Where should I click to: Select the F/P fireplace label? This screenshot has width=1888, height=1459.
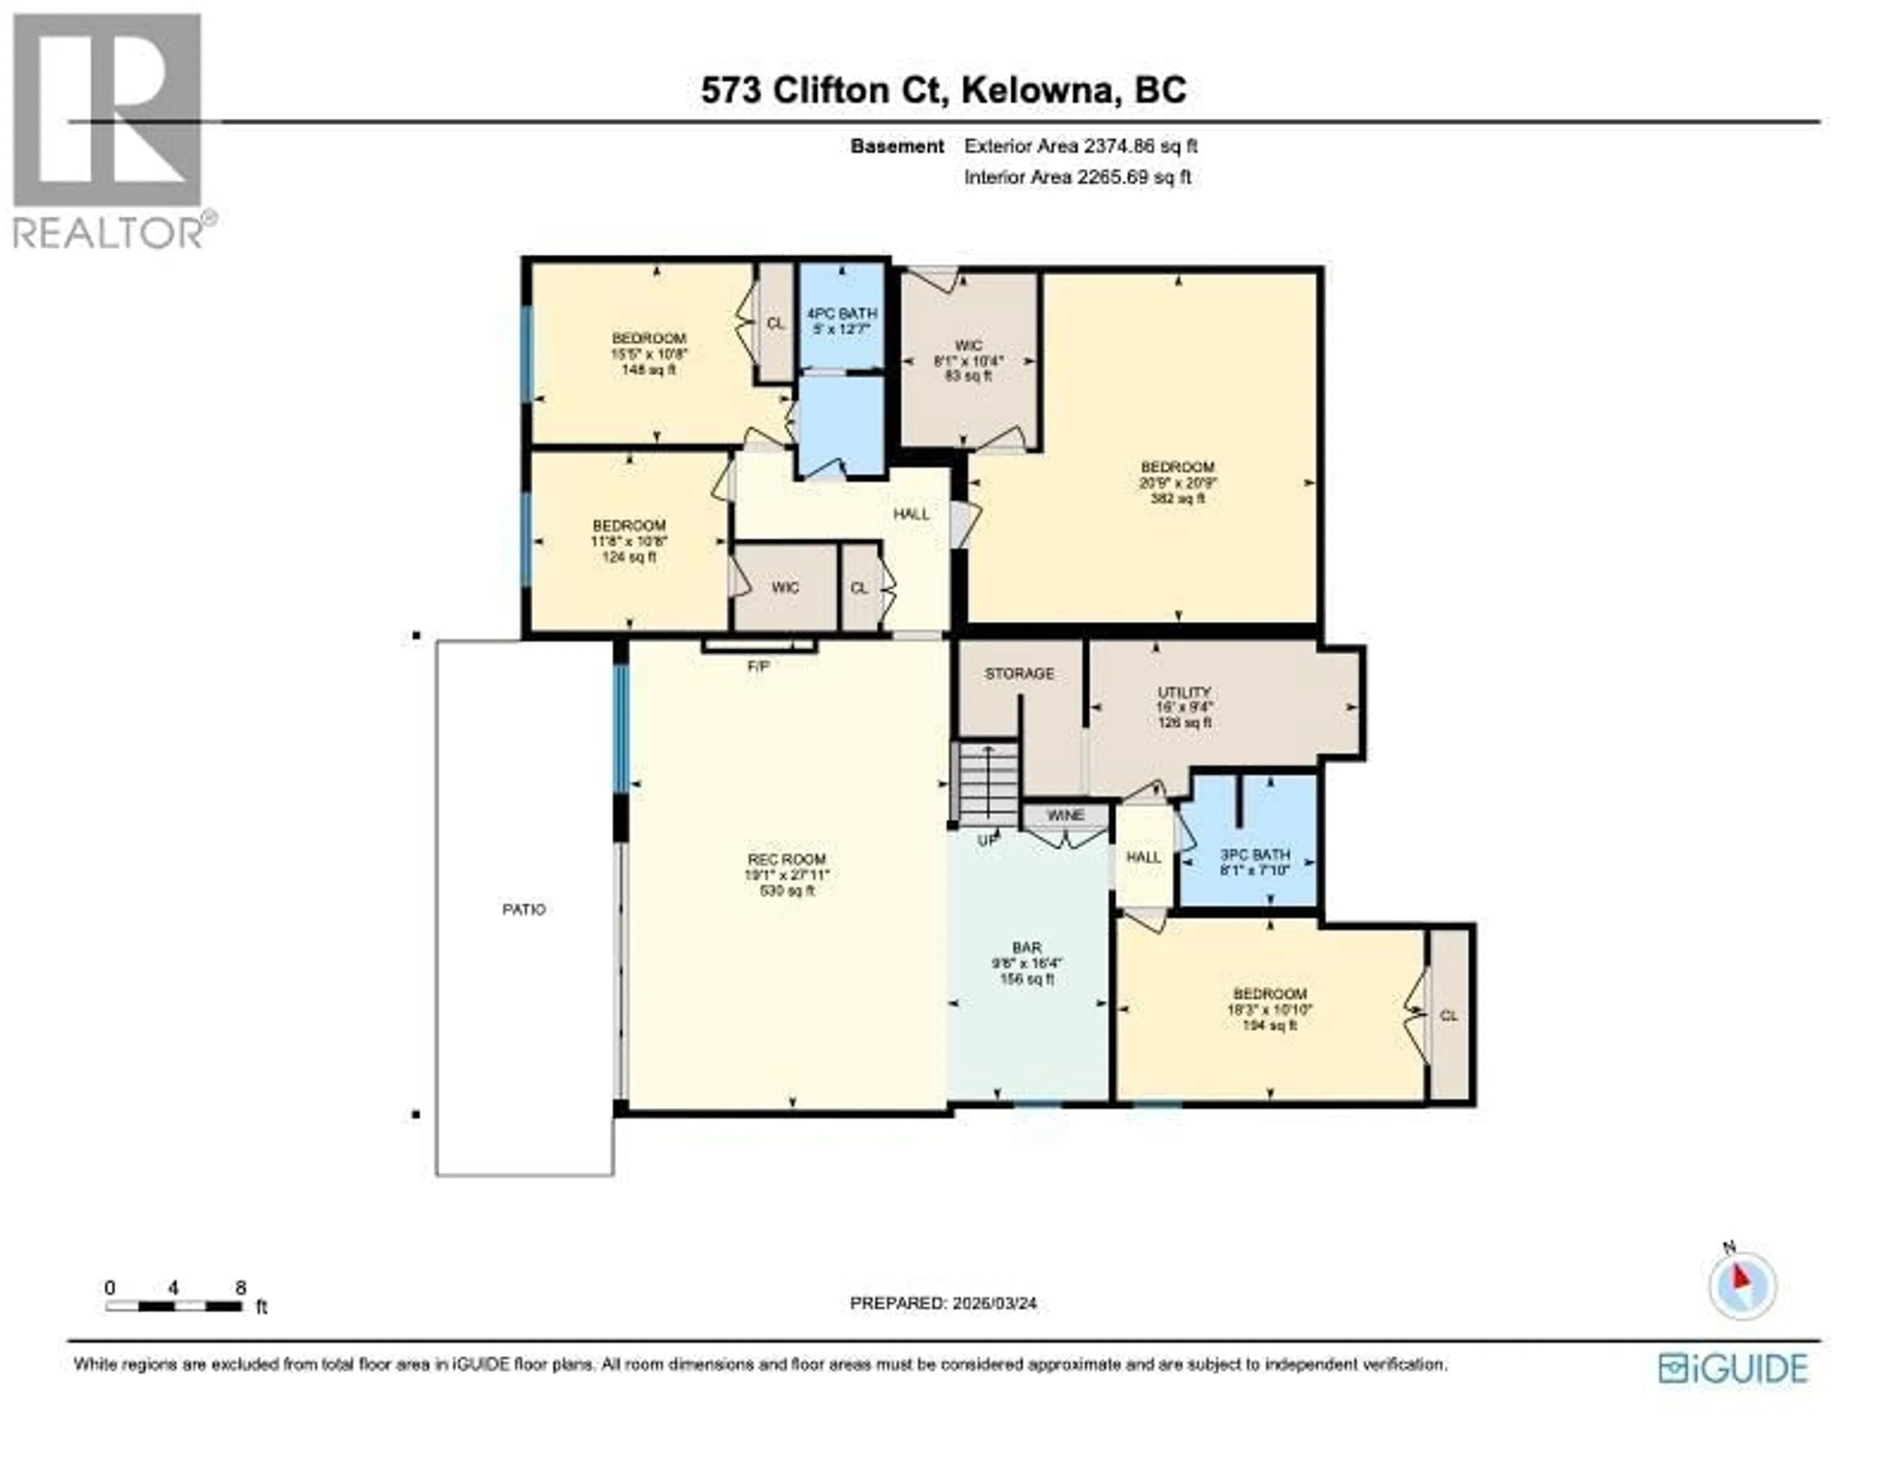pos(758,666)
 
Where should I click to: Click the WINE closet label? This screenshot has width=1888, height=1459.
pos(1065,815)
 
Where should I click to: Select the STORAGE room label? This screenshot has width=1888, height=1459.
pos(1019,673)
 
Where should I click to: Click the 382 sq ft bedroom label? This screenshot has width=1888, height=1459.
pos(1178,482)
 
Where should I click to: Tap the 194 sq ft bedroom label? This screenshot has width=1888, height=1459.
pos(1269,1009)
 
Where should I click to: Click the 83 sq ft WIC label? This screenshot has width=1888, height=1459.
pos(968,360)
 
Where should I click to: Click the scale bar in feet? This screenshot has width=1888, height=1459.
pos(174,1306)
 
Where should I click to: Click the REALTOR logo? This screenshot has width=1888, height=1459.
pos(108,130)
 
